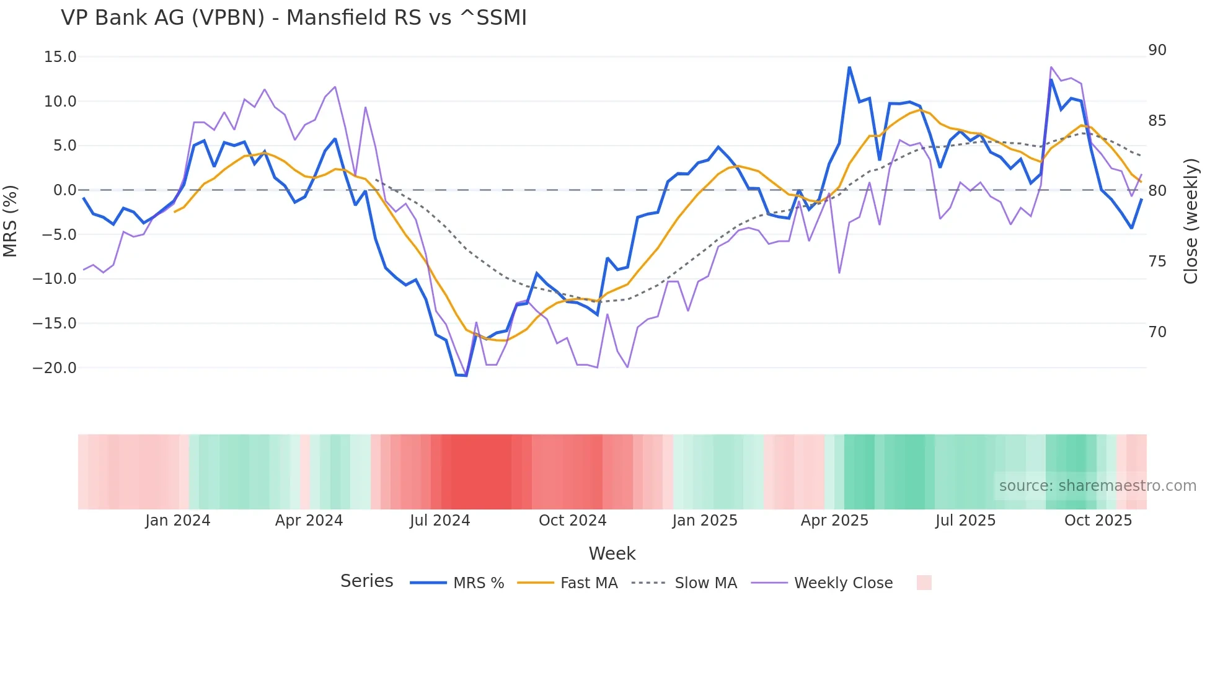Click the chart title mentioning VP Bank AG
point(294,18)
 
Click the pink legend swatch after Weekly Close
point(924,583)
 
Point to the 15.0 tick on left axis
point(60,57)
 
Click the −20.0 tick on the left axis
point(55,368)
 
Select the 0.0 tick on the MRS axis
point(64,190)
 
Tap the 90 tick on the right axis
point(1157,50)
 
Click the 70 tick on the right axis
point(1157,332)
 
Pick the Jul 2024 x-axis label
point(440,521)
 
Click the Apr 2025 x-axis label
point(834,521)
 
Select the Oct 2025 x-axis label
point(1098,521)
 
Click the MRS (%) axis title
point(11,221)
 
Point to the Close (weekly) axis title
point(1190,221)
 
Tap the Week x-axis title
point(612,553)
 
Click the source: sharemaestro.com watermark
point(1097,486)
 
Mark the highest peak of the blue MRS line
point(849,68)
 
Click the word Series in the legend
point(366,581)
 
